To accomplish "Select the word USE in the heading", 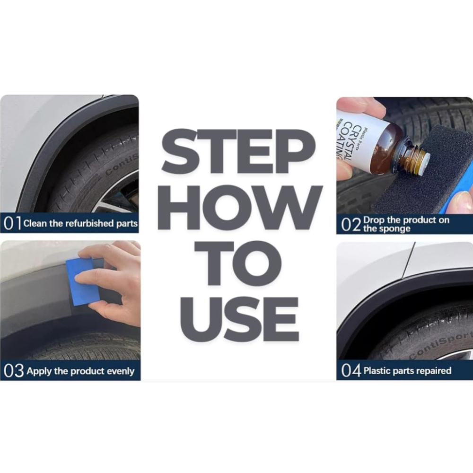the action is (239, 320).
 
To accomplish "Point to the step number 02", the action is (351, 225).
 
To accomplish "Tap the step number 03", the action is (14, 371).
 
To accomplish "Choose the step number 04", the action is (351, 371).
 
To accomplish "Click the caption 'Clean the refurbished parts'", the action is (80, 224).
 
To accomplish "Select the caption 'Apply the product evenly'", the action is (80, 371).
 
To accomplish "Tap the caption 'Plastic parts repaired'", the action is (408, 370).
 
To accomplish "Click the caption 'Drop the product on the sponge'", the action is (406, 224).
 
